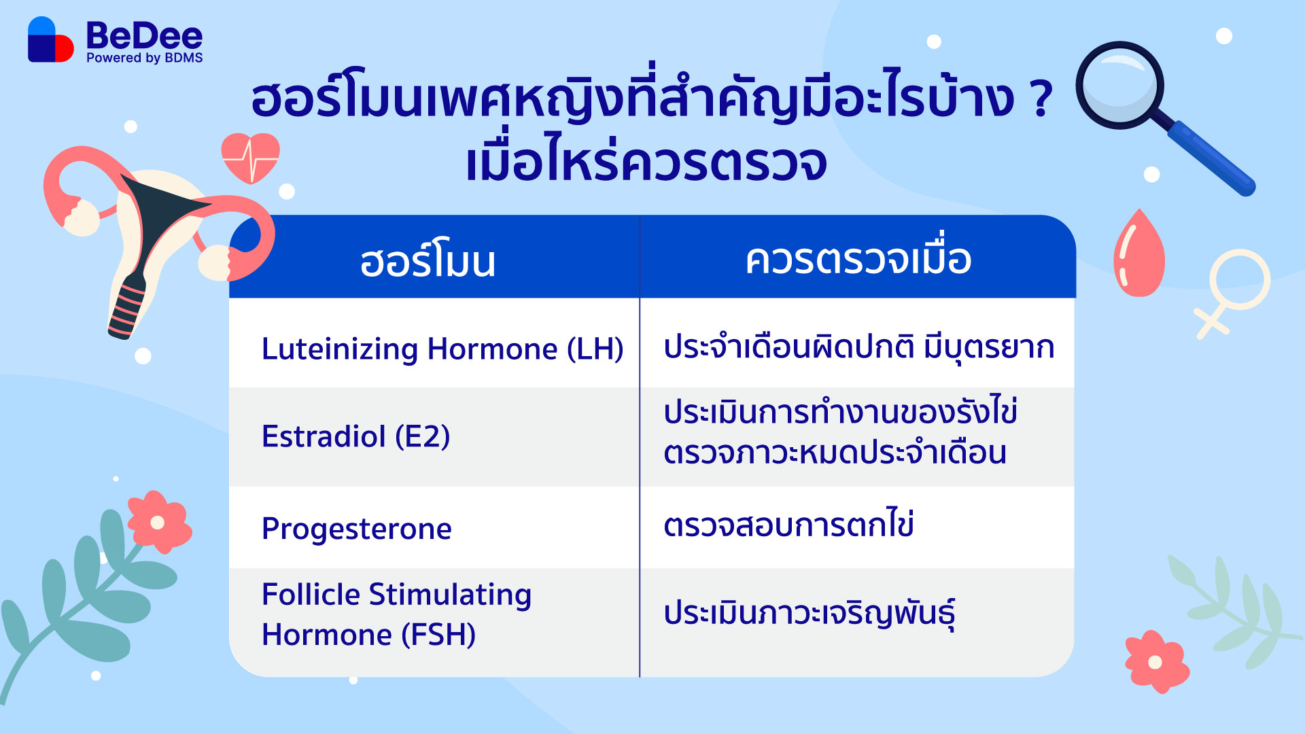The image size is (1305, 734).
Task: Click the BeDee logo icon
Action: click(x=50, y=39)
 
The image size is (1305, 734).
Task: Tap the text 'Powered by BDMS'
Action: click(x=144, y=58)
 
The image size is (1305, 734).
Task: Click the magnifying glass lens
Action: click(x=1119, y=85)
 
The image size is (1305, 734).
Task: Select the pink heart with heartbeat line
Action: click(x=250, y=158)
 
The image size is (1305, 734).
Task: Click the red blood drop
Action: click(x=1138, y=253)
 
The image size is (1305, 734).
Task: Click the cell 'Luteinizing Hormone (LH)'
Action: click(x=442, y=349)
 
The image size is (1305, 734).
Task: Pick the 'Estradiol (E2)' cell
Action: click(x=355, y=436)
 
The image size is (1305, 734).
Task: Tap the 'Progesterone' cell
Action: click(x=356, y=529)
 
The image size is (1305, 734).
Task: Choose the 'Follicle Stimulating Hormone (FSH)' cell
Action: click(x=396, y=614)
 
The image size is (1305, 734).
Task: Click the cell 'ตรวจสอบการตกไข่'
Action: click(x=788, y=524)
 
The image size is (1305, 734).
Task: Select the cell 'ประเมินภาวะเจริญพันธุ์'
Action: click(x=809, y=613)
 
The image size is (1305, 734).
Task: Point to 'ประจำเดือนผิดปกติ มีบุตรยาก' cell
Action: click(x=858, y=347)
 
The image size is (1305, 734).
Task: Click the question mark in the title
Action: click(x=1041, y=99)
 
